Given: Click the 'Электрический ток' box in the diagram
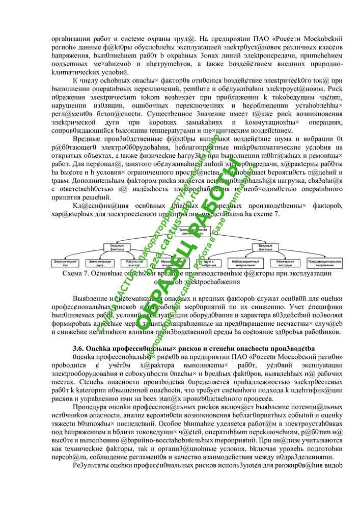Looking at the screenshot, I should (68, 263).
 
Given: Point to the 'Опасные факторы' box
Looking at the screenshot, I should (117, 248).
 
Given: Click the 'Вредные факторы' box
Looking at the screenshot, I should (265, 248).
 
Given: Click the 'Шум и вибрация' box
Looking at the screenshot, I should (208, 263).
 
